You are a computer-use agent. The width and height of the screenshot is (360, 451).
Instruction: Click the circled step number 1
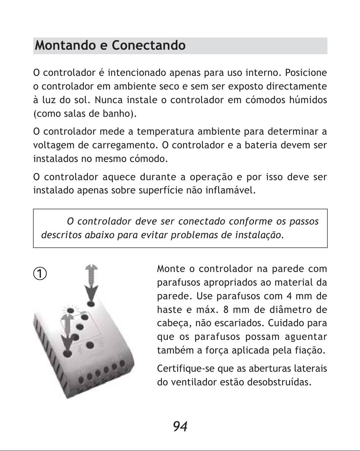pos(39,273)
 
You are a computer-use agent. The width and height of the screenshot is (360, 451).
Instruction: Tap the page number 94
pos(180,427)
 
